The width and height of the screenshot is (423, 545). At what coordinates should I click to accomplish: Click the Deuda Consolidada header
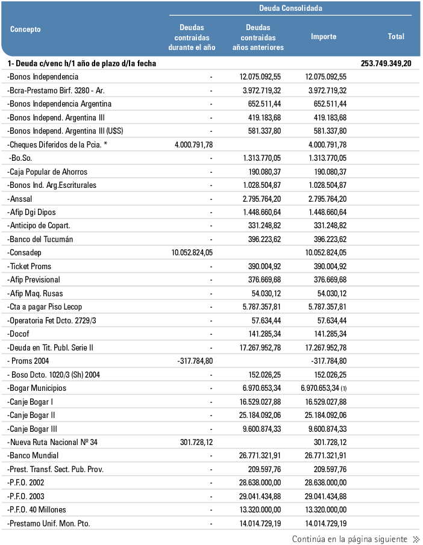(x=290, y=8)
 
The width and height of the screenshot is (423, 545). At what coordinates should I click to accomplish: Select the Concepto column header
(x=25, y=30)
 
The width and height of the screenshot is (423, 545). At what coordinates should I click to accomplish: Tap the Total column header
(x=396, y=37)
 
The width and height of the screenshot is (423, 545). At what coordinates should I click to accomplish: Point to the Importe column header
(x=324, y=37)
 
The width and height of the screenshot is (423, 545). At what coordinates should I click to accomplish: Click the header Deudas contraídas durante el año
(x=192, y=37)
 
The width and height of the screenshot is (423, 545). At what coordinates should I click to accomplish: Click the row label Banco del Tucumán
(x=40, y=239)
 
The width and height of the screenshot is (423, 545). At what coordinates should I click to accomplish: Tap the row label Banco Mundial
(x=33, y=456)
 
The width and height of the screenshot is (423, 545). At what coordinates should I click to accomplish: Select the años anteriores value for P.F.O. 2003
(x=260, y=496)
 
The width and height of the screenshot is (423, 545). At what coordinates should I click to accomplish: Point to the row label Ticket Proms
(x=30, y=266)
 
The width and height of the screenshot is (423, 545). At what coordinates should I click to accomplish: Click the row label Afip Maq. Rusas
(x=37, y=293)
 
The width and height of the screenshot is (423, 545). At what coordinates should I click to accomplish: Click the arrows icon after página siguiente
(x=416, y=540)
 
